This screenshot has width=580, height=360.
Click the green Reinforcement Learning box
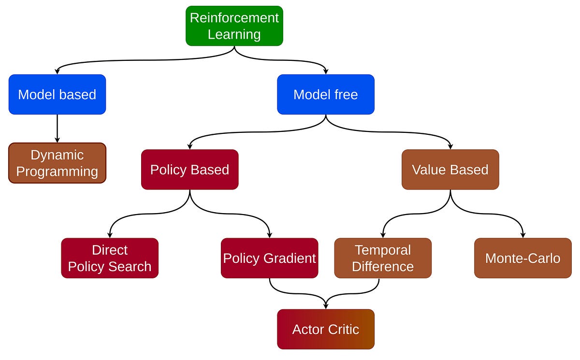coord(234,26)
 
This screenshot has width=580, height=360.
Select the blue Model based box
coord(57,94)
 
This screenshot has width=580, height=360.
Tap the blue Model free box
coord(325,94)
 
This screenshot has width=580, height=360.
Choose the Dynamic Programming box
coord(57,163)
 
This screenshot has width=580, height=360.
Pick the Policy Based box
coord(189,170)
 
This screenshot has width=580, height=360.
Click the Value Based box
coord(450,170)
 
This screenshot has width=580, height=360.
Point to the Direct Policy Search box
coord(110,258)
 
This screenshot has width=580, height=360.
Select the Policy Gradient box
coord(269,258)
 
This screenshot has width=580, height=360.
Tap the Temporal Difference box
coord(383,258)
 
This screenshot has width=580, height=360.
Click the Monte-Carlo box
coord(522,258)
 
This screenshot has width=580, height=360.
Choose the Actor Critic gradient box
coord(325,329)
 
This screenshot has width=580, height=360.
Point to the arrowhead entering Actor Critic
coord(325,306)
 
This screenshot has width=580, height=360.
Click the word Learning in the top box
coord(234,35)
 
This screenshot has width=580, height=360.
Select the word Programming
coord(57,172)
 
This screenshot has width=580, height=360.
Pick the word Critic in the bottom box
coord(343,330)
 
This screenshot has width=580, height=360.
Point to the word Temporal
coord(383,250)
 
